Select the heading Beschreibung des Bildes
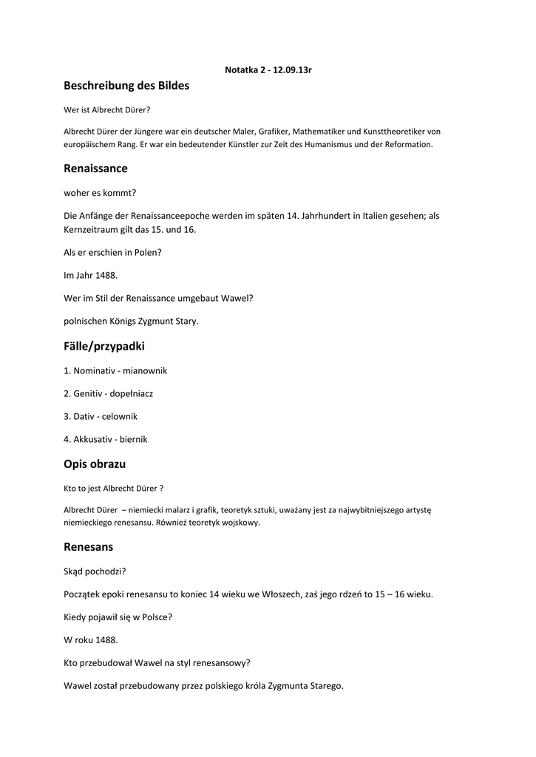[x=126, y=86]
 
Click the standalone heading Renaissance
[x=95, y=169]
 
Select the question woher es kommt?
[x=100, y=192]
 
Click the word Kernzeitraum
[x=92, y=229]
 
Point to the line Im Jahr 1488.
[x=91, y=275]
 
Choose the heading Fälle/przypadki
[x=104, y=346]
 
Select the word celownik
[x=120, y=416]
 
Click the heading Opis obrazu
[x=95, y=464]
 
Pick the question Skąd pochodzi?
[x=95, y=571]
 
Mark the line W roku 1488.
[x=91, y=640]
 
